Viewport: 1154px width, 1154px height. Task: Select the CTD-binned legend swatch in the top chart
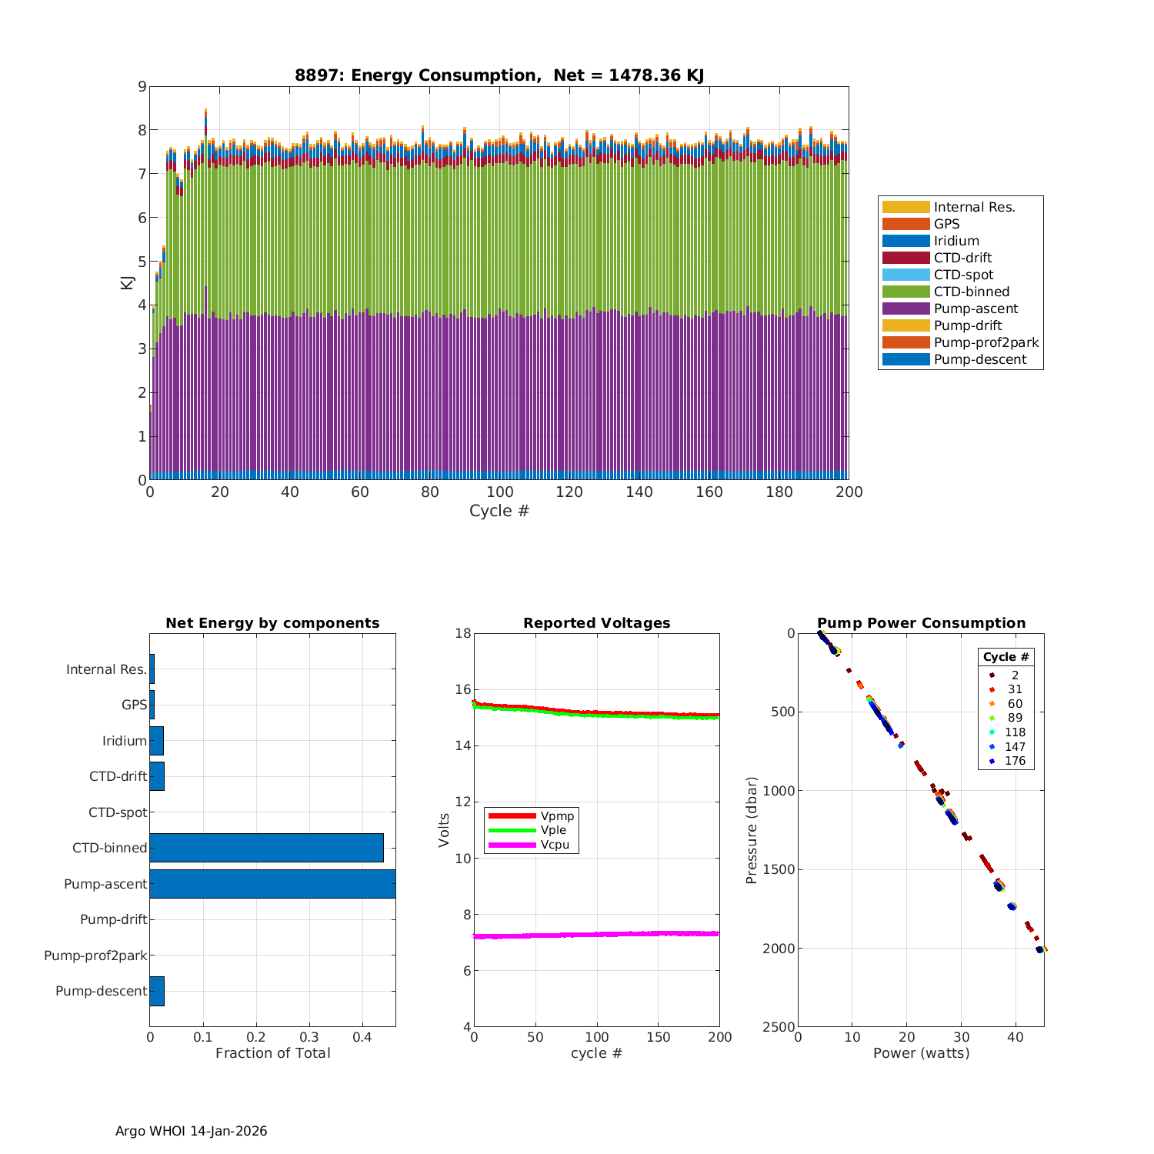tap(906, 292)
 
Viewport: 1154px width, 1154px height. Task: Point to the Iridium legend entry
tap(956, 241)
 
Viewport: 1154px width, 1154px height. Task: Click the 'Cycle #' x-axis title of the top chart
tap(499, 511)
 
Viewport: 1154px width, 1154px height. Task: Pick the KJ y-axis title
tap(126, 283)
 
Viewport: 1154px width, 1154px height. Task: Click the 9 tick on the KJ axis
tap(142, 86)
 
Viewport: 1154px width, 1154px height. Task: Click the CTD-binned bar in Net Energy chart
tap(266, 848)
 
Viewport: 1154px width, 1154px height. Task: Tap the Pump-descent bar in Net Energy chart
tap(157, 991)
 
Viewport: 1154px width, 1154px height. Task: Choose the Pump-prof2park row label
tap(95, 956)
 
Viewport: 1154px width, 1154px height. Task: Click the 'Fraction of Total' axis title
tap(272, 1053)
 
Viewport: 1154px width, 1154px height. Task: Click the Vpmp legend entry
tap(557, 815)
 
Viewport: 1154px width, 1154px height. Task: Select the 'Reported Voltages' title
tap(596, 623)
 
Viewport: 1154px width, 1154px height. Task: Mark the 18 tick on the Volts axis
tap(463, 633)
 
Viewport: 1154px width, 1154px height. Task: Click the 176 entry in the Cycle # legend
tap(1015, 761)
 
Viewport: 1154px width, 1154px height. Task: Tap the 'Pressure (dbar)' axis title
tap(752, 829)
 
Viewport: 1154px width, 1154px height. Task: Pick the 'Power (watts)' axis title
tap(921, 1053)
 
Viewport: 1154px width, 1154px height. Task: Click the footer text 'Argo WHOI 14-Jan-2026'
tap(191, 1131)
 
